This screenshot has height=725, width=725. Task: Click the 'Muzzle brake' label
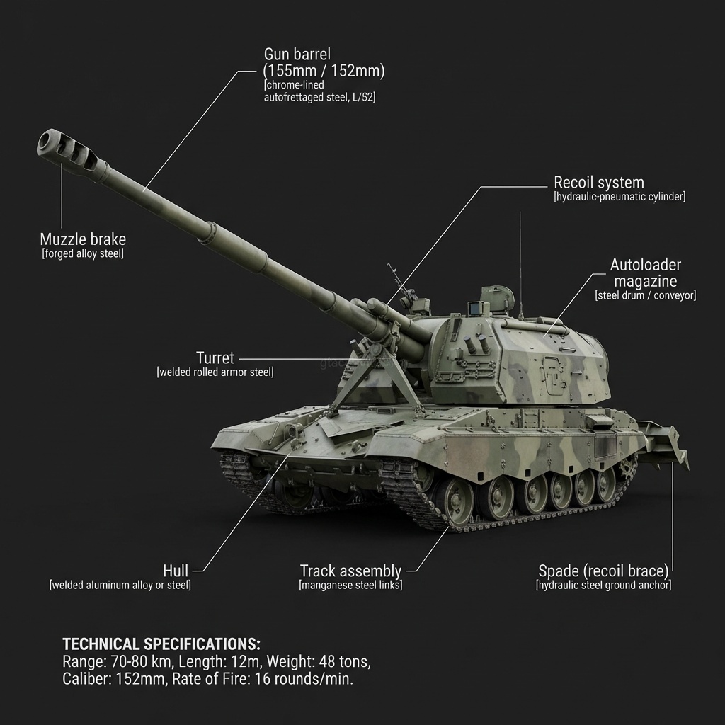pos(83,239)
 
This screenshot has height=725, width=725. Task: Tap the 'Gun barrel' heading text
pos(297,54)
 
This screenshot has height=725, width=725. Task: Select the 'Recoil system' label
pos(599,182)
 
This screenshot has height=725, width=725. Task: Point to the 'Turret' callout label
pos(215,358)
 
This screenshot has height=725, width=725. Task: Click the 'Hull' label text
pos(176,571)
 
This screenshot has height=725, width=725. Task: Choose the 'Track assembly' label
pos(350,571)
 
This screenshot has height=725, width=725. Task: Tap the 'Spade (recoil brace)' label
pos(603,571)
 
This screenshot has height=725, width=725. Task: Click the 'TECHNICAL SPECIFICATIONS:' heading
pos(161,644)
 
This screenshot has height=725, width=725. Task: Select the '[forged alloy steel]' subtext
pos(83,254)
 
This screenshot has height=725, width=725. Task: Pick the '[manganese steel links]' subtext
pos(350,586)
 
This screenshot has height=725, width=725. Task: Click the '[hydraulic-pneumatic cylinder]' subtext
pos(620,197)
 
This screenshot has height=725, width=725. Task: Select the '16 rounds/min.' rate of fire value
pos(304,679)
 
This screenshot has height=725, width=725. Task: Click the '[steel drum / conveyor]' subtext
pos(646,295)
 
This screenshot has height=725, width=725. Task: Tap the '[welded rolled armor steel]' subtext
pos(215,372)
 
